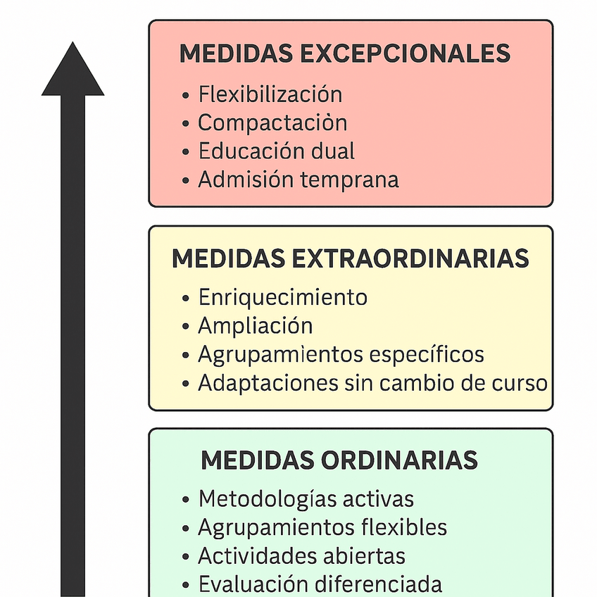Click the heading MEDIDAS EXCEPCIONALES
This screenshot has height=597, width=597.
tap(345, 54)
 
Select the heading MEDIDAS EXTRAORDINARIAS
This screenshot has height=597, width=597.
tap(350, 258)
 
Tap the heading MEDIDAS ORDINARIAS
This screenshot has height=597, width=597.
tap(339, 460)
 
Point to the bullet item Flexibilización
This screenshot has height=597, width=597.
tap(270, 94)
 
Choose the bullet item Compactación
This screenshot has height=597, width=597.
tap(272, 122)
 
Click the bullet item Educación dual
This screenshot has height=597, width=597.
tap(276, 151)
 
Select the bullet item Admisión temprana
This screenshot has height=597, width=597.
tap(298, 180)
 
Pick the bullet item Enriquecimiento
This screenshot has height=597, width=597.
tap(282, 297)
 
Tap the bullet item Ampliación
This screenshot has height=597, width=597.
tap(255, 325)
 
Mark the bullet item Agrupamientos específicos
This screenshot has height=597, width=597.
tap(341, 354)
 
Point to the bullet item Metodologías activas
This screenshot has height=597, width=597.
tap(306, 499)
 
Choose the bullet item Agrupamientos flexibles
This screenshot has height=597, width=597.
tap(322, 527)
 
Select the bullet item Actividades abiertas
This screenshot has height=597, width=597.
tap(301, 556)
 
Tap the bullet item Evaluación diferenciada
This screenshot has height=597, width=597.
tap(320, 584)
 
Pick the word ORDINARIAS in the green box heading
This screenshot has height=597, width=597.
tap(399, 460)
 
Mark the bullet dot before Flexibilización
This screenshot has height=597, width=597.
tap(186, 96)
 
